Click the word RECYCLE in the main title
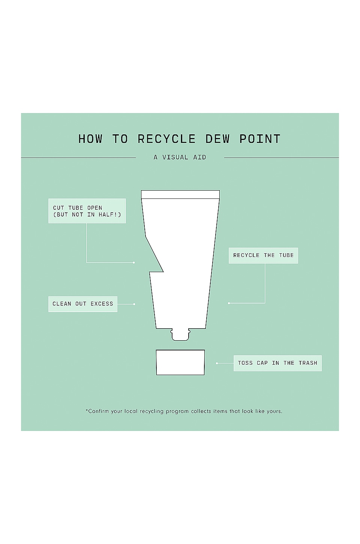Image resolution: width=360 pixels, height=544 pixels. click(x=166, y=139)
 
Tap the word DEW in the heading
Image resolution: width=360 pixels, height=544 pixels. click(x=217, y=139)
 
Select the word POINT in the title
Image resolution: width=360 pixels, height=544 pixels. click(x=260, y=139)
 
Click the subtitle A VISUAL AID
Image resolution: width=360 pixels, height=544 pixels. click(x=180, y=157)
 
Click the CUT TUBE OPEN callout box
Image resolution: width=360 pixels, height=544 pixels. click(x=87, y=211)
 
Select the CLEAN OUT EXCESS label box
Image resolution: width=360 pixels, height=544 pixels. click(x=83, y=304)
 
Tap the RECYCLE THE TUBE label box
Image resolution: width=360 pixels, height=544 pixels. click(x=263, y=255)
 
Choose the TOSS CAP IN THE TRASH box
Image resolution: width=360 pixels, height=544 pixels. click(x=278, y=363)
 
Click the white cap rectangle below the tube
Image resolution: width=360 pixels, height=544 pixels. click(x=180, y=362)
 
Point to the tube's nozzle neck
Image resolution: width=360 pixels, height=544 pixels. click(x=180, y=335)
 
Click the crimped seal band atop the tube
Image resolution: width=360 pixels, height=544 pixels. click(x=180, y=194)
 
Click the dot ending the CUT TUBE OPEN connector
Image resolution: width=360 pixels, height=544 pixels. click(x=134, y=263)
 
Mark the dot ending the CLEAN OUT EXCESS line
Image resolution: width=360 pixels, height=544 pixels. click(x=134, y=304)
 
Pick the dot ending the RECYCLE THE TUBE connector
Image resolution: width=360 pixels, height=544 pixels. click(x=229, y=304)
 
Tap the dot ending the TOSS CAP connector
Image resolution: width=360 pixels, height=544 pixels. click(x=217, y=363)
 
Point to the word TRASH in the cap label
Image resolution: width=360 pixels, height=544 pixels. click(x=308, y=363)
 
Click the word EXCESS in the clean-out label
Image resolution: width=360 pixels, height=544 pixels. click(x=102, y=304)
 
